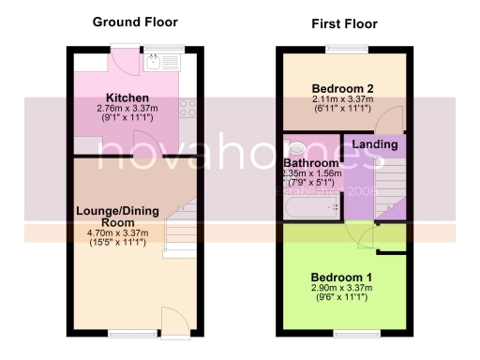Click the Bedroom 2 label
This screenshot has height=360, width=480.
click(x=342, y=88)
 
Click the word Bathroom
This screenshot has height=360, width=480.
click(x=311, y=162)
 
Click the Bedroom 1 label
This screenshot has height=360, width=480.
click(x=342, y=276)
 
